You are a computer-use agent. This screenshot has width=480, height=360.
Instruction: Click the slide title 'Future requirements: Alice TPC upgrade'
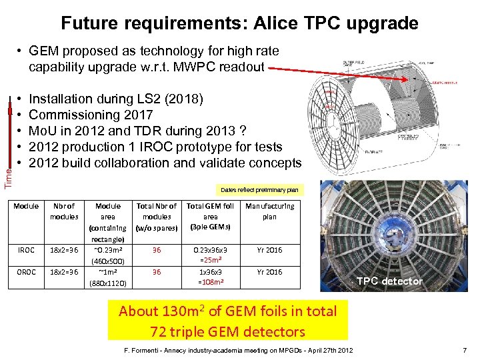pyautogui.click(x=239, y=23)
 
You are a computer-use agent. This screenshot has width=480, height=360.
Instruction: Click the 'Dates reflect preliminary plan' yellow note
pyautogui.click(x=259, y=189)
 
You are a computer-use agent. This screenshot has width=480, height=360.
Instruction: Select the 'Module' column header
pyautogui.click(x=26, y=206)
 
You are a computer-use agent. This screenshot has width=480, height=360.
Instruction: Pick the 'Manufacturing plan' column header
pyautogui.click(x=269, y=211)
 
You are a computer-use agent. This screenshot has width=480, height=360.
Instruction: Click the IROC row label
pyautogui.click(x=26, y=250)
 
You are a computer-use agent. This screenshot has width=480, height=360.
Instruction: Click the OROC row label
pyautogui.click(x=26, y=272)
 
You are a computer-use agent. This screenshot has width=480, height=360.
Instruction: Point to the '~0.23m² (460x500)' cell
pyautogui.click(x=108, y=255)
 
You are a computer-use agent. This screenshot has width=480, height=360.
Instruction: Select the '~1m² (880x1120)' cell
pyautogui.click(x=108, y=277)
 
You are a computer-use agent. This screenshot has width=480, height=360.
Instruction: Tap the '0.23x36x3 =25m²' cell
pyautogui.click(x=210, y=255)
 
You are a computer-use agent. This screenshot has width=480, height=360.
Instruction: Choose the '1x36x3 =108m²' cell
pyautogui.click(x=210, y=277)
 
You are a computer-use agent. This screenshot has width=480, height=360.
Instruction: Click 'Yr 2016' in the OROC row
pyautogui.click(x=269, y=272)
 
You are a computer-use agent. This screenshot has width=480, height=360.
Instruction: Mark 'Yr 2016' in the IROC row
pyautogui.click(x=269, y=250)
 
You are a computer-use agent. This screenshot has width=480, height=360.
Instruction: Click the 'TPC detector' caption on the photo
pyautogui.click(x=389, y=281)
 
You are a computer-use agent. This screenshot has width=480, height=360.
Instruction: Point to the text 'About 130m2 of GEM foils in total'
pyautogui.click(x=227, y=311)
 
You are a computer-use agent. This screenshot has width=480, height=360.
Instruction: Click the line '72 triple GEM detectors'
pyautogui.click(x=227, y=331)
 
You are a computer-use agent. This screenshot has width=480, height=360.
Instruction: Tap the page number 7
pyautogui.click(x=465, y=351)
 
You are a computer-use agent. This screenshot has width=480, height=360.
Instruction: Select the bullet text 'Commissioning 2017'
pyautogui.click(x=91, y=115)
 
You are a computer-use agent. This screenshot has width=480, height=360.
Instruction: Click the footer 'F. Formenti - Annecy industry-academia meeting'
pyautogui.click(x=200, y=351)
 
